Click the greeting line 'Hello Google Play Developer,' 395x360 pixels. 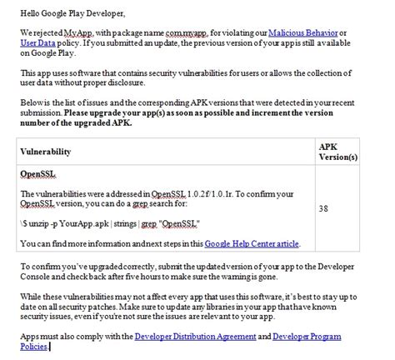point(65,14)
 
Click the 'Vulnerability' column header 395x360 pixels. point(45,152)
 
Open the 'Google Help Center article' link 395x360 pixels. point(252,244)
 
